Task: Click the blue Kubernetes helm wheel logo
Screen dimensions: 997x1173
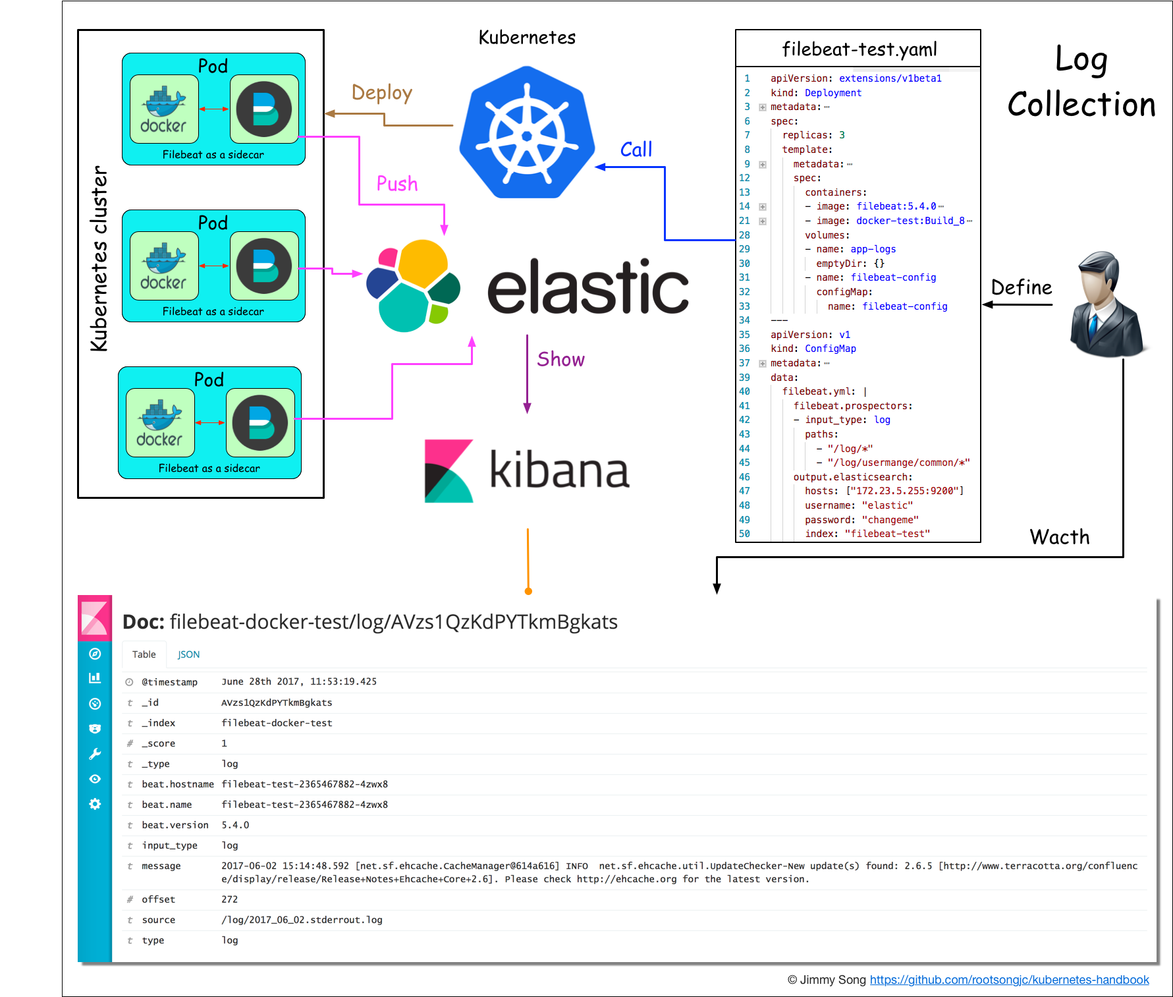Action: pyautogui.click(x=526, y=134)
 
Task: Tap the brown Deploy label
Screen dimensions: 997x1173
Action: pyautogui.click(x=381, y=93)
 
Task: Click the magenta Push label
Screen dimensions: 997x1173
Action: pyautogui.click(x=396, y=184)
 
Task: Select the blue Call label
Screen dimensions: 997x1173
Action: pyautogui.click(x=636, y=150)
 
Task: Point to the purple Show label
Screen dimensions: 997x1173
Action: pyautogui.click(x=560, y=360)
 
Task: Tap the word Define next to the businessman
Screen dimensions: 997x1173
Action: pyautogui.click(x=1021, y=288)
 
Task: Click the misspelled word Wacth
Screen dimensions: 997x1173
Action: pyautogui.click(x=1059, y=537)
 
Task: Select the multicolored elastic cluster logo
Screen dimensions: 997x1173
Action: pyautogui.click(x=414, y=286)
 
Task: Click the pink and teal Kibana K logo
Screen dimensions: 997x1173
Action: pyautogui.click(x=449, y=471)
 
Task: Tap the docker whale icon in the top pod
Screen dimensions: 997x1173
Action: pyautogui.click(x=164, y=109)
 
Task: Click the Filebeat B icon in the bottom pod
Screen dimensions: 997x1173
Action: pyautogui.click(x=260, y=423)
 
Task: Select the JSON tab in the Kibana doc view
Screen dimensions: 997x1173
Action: pyautogui.click(x=188, y=654)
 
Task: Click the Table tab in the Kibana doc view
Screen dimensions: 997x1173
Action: pyautogui.click(x=144, y=654)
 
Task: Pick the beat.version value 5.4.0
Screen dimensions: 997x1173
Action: pyautogui.click(x=235, y=825)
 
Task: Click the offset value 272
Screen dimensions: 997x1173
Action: pyautogui.click(x=229, y=899)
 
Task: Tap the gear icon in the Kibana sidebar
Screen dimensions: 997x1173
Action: pyautogui.click(x=95, y=804)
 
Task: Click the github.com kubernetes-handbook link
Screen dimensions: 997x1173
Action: pyautogui.click(x=1009, y=980)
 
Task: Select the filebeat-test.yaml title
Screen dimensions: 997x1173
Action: pyautogui.click(x=859, y=49)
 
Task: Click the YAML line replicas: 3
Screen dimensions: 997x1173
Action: pyautogui.click(x=813, y=135)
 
